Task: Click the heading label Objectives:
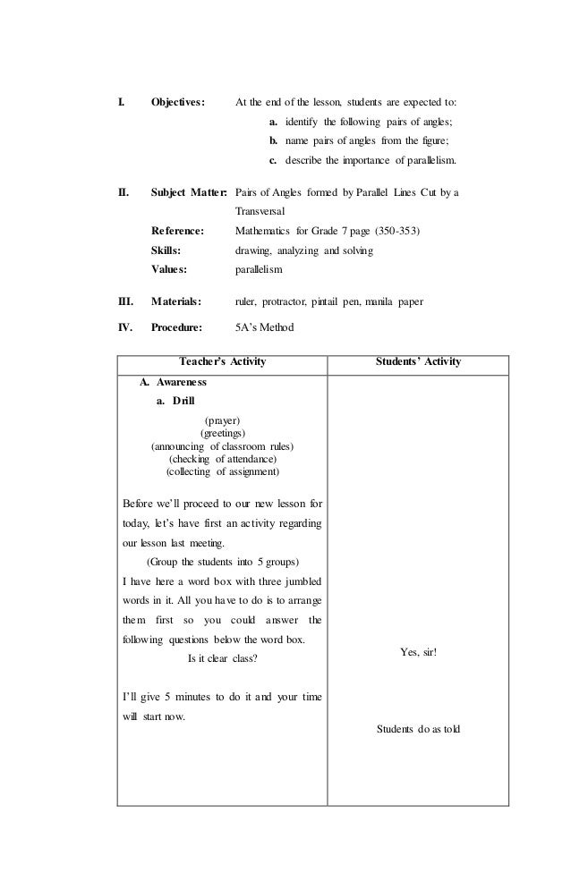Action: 178,101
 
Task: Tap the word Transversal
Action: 260,211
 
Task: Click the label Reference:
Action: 178,231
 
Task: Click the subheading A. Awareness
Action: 174,383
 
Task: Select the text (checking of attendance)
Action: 223,459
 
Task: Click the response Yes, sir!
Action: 418,654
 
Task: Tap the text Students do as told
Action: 418,729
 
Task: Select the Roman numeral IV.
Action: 126,327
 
